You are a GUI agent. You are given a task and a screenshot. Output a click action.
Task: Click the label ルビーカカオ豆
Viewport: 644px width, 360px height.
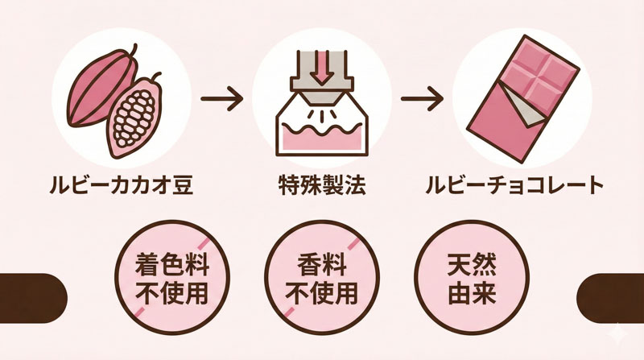coord(123,187)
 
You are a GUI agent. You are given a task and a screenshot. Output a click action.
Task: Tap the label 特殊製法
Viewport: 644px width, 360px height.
coord(321,187)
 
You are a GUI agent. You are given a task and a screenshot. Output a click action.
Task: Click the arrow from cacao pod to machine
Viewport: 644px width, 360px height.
coord(221,101)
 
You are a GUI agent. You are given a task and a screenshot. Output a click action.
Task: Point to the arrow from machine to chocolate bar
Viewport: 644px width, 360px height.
coord(423,101)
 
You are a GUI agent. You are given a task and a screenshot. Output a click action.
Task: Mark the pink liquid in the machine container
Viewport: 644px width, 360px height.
coord(322,139)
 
